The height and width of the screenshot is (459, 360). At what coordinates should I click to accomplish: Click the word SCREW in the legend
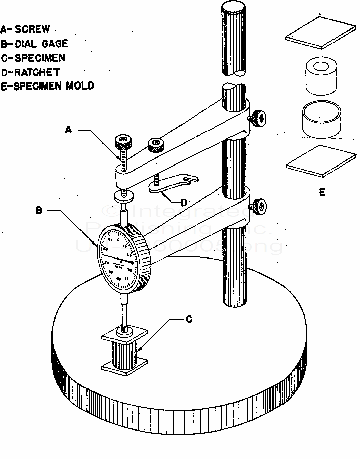tap(33, 29)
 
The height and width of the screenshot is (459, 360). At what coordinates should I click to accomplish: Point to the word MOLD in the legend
tap(80, 85)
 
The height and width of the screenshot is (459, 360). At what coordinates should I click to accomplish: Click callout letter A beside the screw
tap(68, 129)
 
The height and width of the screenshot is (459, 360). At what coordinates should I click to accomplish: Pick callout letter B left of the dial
tap(39, 211)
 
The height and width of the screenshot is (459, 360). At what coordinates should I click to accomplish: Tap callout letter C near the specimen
tap(189, 320)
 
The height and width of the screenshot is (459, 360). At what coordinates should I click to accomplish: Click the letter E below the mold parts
tap(322, 192)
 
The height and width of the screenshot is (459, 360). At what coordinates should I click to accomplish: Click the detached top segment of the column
tap(234, 39)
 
